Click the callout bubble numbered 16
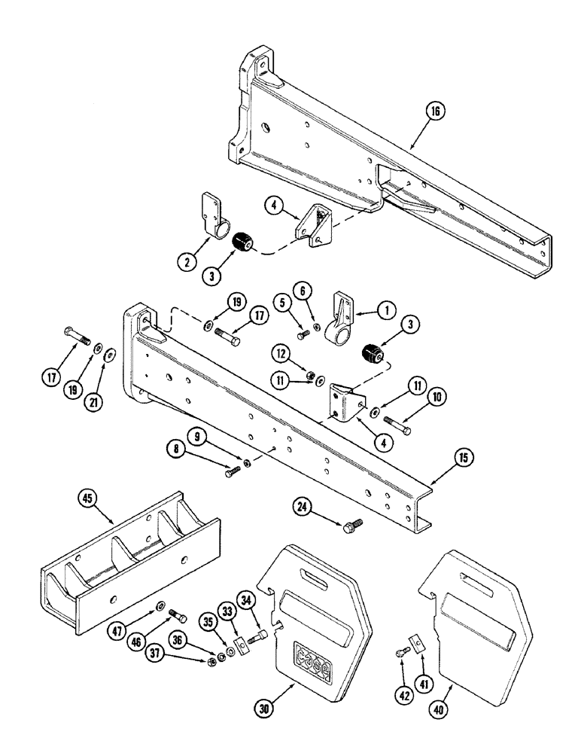point(437,111)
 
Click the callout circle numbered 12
point(281,352)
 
